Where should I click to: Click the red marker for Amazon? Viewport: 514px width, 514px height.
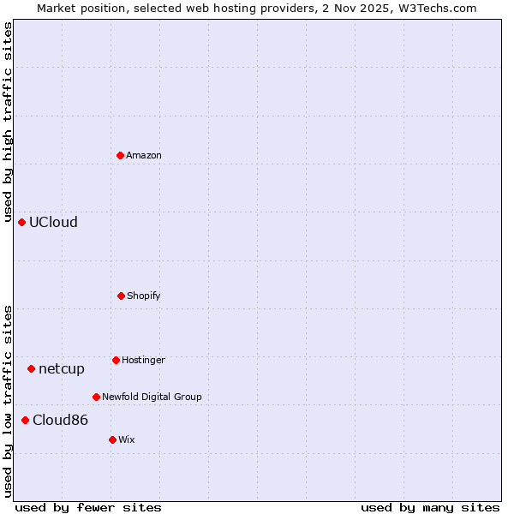tap(121, 155)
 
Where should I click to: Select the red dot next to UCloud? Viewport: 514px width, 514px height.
tap(22, 222)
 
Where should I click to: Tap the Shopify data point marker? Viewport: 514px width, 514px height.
tap(121, 296)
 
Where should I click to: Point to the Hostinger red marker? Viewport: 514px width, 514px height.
tap(116, 360)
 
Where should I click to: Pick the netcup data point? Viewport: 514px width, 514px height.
tap(32, 368)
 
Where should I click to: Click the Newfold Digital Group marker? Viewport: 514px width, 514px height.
tap(96, 397)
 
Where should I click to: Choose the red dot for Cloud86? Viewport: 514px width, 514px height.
tap(26, 420)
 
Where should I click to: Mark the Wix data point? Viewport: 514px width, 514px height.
tap(112, 439)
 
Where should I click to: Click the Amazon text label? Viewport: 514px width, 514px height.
tap(144, 155)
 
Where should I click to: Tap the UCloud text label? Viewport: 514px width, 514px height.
tap(53, 222)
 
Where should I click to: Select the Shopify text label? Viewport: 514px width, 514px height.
tap(144, 296)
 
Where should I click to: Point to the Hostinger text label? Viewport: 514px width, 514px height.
tap(143, 360)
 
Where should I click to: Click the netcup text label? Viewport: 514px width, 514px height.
tap(62, 368)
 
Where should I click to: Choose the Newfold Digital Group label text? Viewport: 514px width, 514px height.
tap(152, 397)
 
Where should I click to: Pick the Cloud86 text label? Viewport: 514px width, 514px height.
tap(60, 420)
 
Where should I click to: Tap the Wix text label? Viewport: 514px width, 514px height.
tap(127, 439)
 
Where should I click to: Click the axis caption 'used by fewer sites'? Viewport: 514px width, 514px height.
tap(88, 507)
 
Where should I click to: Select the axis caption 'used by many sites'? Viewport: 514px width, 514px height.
tap(430, 507)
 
